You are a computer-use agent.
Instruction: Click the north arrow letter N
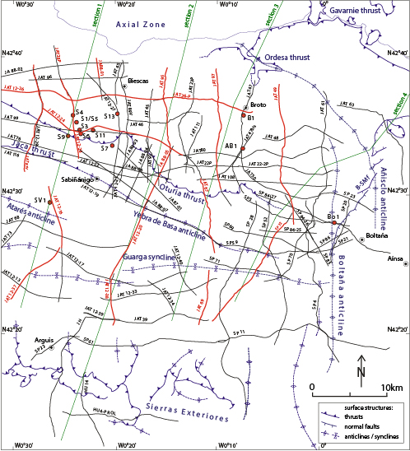pos(361,371)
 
